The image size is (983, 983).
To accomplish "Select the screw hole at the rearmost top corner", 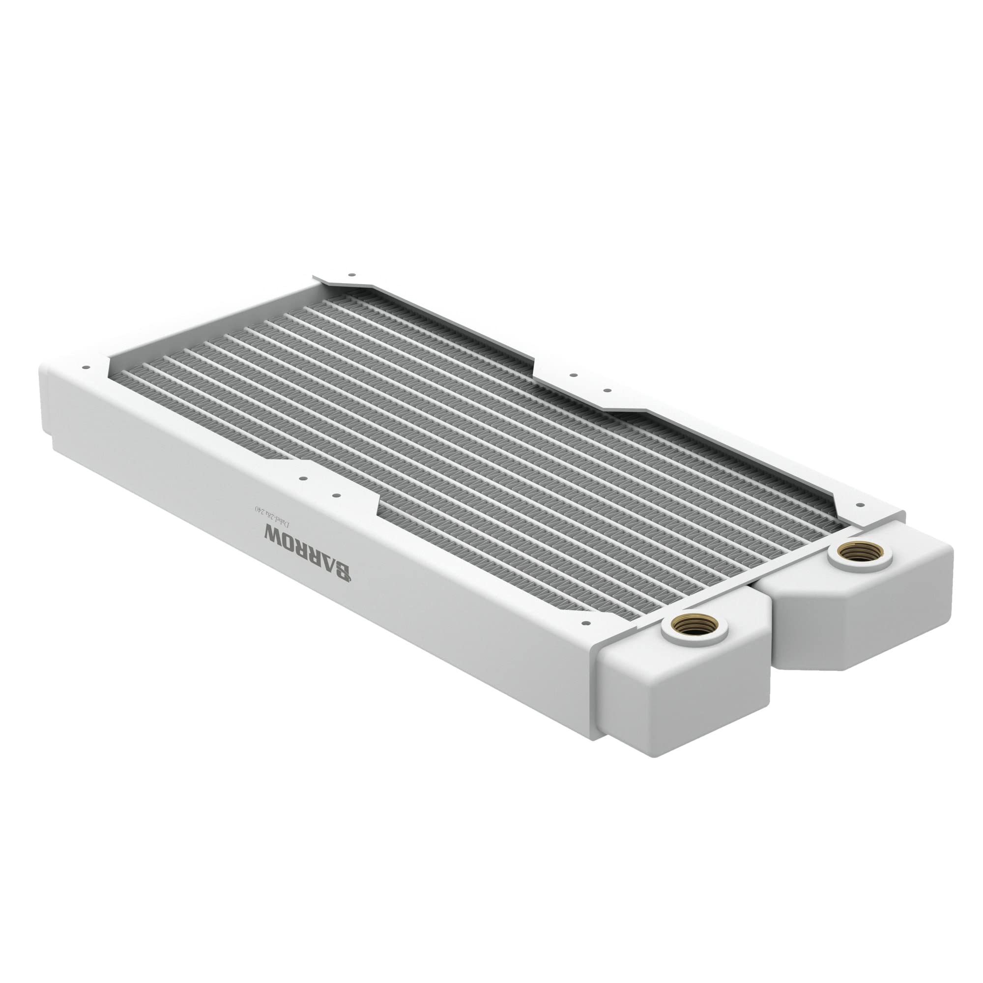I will (x=350, y=274).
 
